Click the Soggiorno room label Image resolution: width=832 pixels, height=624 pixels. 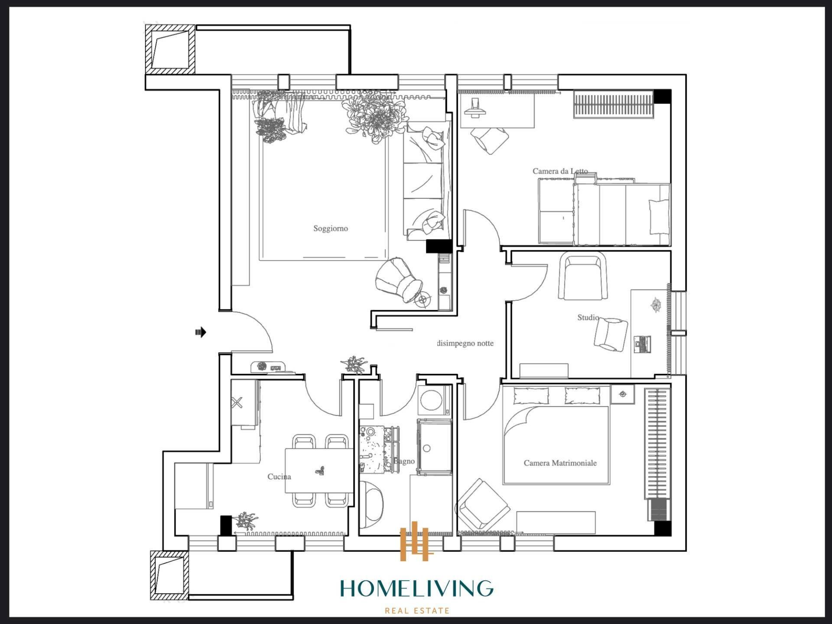(331, 228)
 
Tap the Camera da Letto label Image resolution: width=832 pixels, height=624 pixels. (560, 171)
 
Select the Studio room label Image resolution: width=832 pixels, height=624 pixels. (588, 318)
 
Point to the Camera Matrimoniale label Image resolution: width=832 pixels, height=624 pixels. (560, 463)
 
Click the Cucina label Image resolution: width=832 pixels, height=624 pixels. (279, 477)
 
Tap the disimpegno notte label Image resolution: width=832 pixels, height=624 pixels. (465, 343)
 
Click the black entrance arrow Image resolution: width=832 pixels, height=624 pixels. (200, 332)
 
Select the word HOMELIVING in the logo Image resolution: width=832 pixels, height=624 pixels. (416, 588)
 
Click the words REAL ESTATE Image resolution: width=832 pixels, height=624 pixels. (417, 611)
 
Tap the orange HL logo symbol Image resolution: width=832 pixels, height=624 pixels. (416, 542)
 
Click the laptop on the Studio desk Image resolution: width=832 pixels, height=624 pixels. (642, 344)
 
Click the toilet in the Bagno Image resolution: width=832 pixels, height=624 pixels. (371, 503)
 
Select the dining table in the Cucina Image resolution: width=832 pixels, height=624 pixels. (318, 471)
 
